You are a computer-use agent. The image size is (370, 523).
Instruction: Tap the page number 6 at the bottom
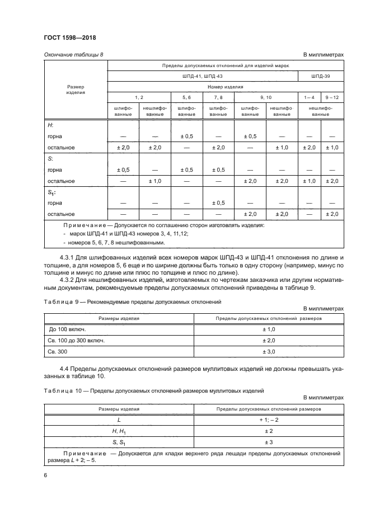pos(45,474)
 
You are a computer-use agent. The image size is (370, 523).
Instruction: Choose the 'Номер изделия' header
pos(226,87)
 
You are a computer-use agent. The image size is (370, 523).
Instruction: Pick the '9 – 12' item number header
pos(332,97)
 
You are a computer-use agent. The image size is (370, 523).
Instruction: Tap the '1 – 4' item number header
pos(308,97)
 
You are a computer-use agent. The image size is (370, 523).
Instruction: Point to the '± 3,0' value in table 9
pos(268,351)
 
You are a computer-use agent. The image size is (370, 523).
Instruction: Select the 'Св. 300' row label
pos(59,351)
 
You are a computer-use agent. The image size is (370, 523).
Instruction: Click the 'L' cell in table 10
pos(119,420)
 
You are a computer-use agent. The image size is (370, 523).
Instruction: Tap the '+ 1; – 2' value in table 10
pos(268,420)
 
